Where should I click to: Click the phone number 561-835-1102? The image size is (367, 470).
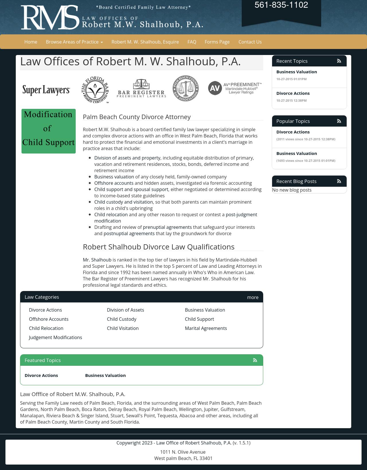click(281, 5)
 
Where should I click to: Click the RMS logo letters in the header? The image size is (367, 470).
click(50, 17)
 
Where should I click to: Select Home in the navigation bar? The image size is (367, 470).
click(31, 42)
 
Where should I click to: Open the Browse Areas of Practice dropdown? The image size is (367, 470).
click(74, 42)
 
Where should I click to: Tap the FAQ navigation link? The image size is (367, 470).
click(192, 42)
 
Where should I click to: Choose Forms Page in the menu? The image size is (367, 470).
click(217, 42)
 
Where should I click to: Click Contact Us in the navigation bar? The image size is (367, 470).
click(250, 42)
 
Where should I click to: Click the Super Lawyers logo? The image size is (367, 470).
click(46, 90)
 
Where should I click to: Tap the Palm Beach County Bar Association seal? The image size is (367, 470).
click(186, 89)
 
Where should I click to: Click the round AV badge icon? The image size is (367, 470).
click(215, 88)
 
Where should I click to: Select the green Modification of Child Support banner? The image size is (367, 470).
click(48, 131)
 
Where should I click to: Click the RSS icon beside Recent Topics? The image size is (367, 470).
click(339, 61)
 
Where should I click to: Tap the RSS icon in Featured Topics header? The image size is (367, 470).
click(255, 360)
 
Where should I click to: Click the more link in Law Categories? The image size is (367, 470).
click(253, 297)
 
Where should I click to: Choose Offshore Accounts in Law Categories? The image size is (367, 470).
click(49, 319)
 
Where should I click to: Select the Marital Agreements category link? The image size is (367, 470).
click(206, 328)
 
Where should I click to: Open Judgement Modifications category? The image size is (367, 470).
click(55, 337)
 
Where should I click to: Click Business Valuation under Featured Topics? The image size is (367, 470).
click(105, 375)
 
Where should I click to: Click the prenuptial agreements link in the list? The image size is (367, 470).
click(167, 227)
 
